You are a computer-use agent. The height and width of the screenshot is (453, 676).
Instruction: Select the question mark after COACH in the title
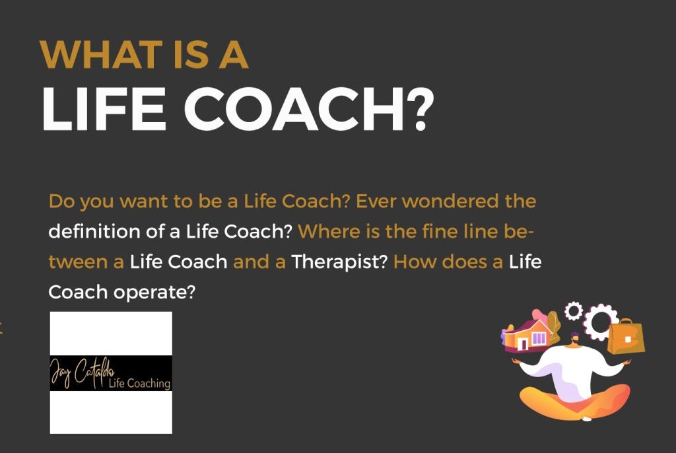(x=419, y=109)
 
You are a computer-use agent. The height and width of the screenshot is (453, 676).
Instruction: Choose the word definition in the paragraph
(x=90, y=232)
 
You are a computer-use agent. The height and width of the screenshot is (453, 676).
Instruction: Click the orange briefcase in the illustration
(x=625, y=337)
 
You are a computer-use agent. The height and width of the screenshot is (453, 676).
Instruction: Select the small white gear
(x=574, y=310)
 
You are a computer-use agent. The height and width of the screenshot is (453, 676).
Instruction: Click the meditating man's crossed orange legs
(x=574, y=401)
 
